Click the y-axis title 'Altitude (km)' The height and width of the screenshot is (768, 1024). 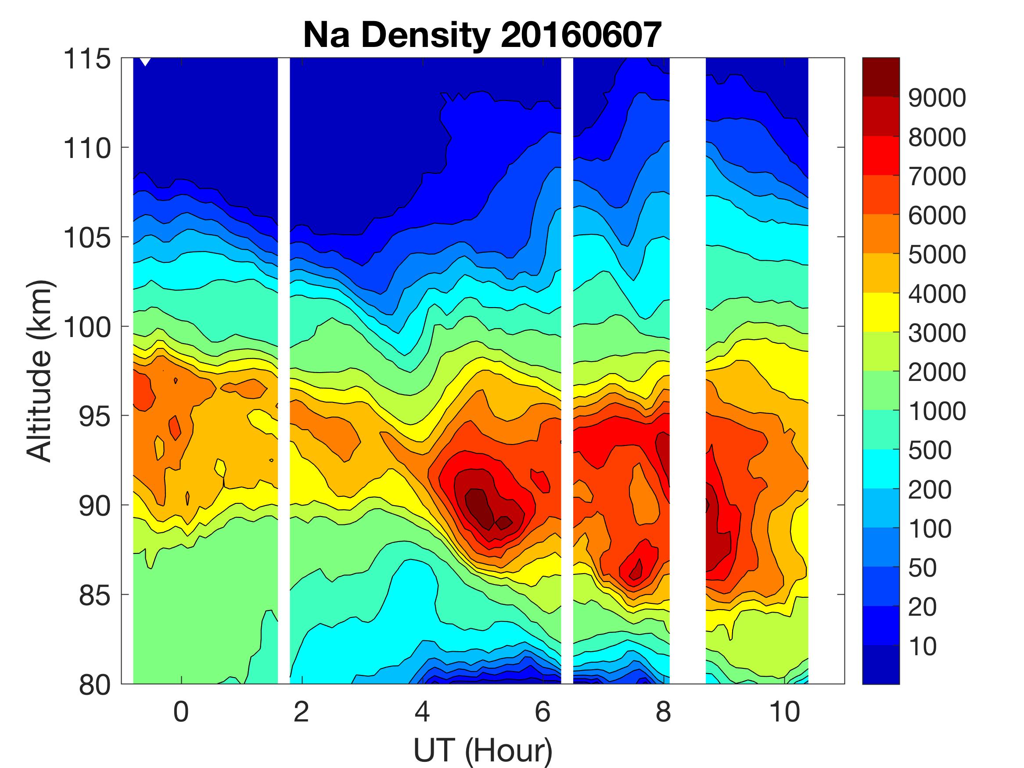pyautogui.click(x=40, y=371)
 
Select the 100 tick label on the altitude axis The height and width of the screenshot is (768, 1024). pyautogui.click(x=87, y=327)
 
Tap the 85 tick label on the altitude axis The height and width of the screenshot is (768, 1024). pyautogui.click(x=95, y=596)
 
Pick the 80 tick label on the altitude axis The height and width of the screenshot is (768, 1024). pyautogui.click(x=95, y=685)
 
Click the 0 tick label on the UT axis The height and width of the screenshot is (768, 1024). pyautogui.click(x=181, y=711)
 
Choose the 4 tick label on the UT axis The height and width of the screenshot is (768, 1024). pyautogui.click(x=422, y=711)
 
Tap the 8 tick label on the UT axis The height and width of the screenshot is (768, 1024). pyautogui.click(x=663, y=711)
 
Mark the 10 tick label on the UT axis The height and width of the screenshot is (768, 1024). pyautogui.click(x=784, y=711)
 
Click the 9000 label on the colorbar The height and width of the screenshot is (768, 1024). pyautogui.click(x=937, y=98)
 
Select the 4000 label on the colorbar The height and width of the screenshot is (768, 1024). pyautogui.click(x=937, y=294)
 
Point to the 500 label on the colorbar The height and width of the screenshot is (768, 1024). pyautogui.click(x=930, y=450)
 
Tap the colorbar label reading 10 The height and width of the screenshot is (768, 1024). pyautogui.click(x=922, y=646)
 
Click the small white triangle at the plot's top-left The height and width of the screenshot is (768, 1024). pyautogui.click(x=145, y=61)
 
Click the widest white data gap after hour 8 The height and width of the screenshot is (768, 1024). pyautogui.click(x=687, y=370)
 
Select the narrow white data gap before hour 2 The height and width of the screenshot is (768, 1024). pyautogui.click(x=284, y=370)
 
